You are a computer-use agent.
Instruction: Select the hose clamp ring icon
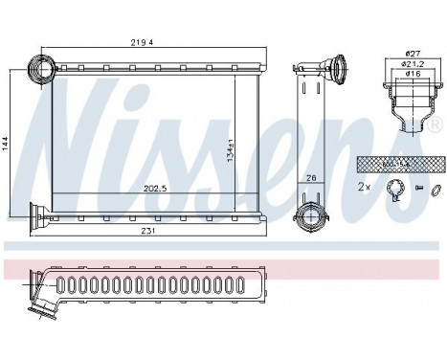point(392,190)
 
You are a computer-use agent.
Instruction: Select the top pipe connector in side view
point(335,71)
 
